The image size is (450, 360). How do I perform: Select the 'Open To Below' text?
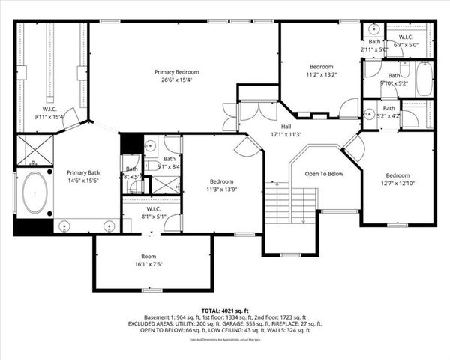(x=323, y=173)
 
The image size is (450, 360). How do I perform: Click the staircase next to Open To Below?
(x=290, y=205)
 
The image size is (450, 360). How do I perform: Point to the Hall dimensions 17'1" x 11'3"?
(x=286, y=135)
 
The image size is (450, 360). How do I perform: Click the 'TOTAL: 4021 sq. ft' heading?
(x=225, y=310)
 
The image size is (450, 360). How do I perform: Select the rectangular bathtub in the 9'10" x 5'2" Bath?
(x=424, y=79)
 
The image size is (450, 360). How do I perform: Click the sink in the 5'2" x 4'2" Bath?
(x=369, y=115)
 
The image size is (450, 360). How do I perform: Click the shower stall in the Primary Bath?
(x=34, y=150)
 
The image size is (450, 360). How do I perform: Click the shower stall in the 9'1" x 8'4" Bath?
(x=166, y=184)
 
